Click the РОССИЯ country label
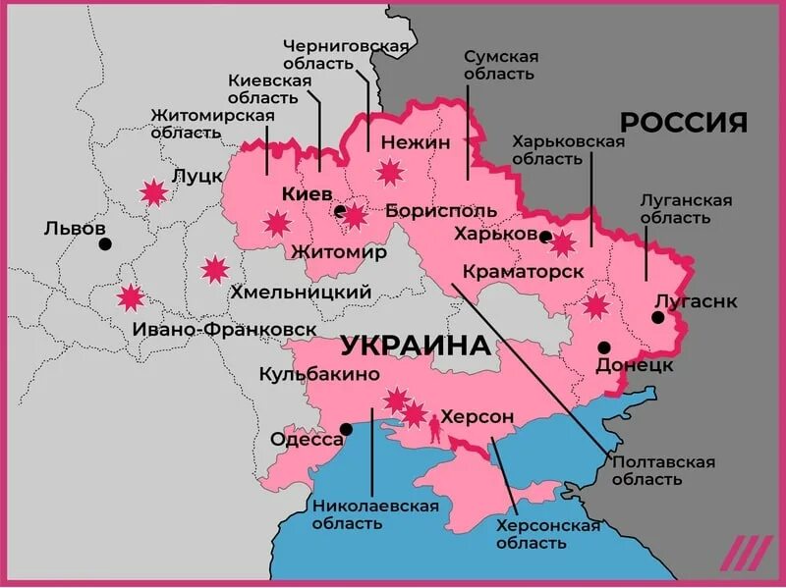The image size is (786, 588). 683,123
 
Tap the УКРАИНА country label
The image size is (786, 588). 416,346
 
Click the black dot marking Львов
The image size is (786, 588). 105,243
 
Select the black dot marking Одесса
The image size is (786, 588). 346,428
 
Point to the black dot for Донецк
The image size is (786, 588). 604,347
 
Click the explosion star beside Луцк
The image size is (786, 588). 153,191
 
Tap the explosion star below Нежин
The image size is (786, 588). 391,172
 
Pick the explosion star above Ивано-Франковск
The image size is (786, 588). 130,296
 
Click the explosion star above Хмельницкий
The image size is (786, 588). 214,268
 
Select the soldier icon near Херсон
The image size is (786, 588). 430,426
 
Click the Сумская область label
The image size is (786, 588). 500,65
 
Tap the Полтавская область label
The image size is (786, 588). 662,470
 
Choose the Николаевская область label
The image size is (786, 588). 374,513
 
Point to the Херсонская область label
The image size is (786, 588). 547,535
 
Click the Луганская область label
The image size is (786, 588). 686,208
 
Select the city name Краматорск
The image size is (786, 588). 523,271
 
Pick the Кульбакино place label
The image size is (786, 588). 319,374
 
